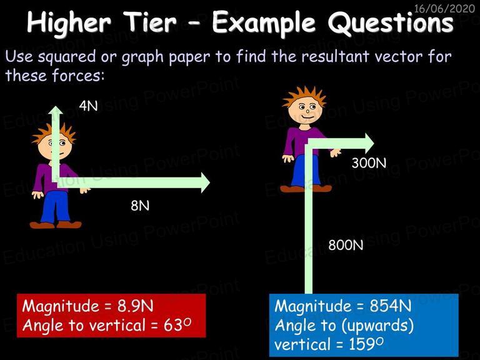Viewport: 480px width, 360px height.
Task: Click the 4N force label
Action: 88,106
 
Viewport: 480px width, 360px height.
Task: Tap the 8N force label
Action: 140,206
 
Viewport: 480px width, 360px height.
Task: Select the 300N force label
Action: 369,163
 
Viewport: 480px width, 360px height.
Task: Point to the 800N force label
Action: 346,245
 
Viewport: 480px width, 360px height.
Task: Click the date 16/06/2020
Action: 444,8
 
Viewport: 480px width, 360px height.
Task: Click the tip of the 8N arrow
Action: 210,182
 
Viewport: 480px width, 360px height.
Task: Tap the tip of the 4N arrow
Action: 56,106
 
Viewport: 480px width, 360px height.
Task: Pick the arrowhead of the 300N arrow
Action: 369,143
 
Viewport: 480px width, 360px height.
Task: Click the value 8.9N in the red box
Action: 135,306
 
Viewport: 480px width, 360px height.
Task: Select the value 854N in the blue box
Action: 391,306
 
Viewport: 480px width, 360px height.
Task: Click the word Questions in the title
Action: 390,23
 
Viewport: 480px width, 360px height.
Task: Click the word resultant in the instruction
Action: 335,56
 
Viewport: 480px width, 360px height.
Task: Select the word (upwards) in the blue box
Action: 377,326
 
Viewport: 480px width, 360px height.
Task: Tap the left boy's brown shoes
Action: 56,225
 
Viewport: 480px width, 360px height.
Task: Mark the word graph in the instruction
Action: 142,57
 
